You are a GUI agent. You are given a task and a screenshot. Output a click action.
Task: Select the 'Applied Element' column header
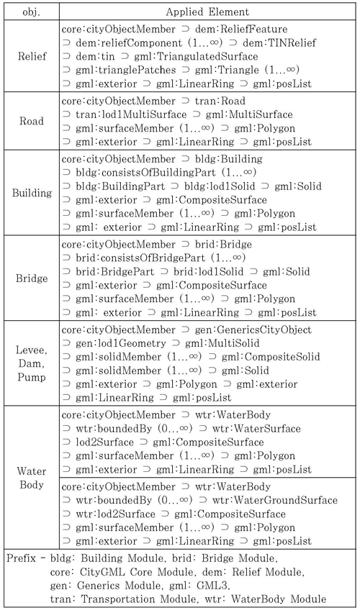coord(207,12)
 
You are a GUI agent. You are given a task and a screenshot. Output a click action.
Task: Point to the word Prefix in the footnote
coord(24,558)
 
